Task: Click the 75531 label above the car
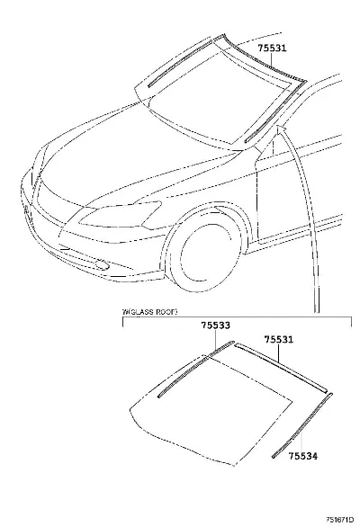click(273, 49)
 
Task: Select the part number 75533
click(216, 325)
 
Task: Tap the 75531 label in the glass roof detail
click(279, 340)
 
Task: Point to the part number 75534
click(302, 456)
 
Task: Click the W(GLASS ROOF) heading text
click(149, 312)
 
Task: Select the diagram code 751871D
click(340, 520)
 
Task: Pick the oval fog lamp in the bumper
click(102, 265)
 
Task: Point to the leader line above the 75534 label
click(301, 441)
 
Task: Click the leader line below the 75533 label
click(216, 340)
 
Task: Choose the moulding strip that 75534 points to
click(301, 425)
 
